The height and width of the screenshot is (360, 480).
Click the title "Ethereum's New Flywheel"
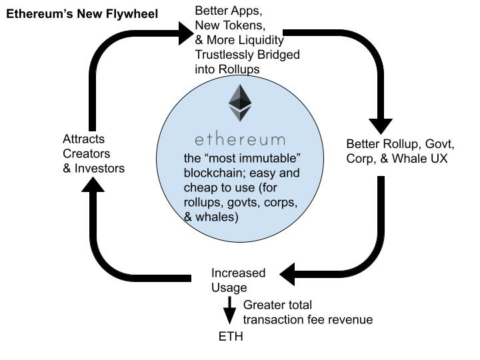coord(82,14)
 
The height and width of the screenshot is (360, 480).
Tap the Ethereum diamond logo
coord(240,103)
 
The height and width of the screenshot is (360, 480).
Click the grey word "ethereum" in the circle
coord(240,140)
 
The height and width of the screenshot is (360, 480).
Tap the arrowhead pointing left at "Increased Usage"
coord(289,273)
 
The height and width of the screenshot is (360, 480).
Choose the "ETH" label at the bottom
coord(231,336)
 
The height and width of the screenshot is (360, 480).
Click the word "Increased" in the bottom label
coord(238,273)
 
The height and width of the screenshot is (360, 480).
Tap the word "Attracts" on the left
coord(83,139)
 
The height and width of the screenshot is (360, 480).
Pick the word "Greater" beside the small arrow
coord(265,305)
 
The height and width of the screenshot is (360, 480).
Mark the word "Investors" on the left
coord(99,168)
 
